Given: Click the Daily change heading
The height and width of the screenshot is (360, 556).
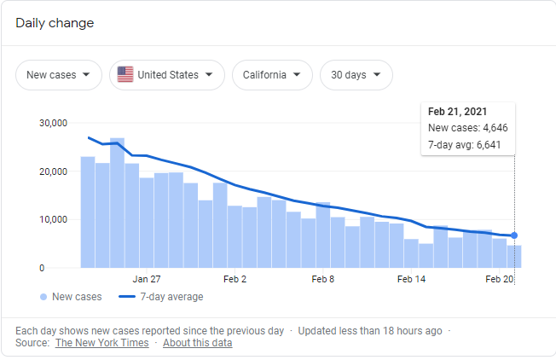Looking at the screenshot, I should click(x=55, y=23).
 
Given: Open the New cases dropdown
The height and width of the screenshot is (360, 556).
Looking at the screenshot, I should click(x=58, y=75).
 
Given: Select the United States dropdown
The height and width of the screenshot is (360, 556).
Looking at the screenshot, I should click(x=167, y=75).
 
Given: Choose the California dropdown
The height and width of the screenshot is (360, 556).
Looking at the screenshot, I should click(x=271, y=75).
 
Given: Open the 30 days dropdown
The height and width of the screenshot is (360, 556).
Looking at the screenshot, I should click(x=356, y=75).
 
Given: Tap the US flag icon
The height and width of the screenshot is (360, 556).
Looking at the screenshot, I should click(x=125, y=75).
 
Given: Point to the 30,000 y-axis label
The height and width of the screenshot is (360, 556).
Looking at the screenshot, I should click(x=53, y=123).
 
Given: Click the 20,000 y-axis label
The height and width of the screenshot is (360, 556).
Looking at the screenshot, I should click(x=53, y=171).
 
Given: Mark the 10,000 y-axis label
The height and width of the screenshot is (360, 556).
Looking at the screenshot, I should click(x=53, y=219).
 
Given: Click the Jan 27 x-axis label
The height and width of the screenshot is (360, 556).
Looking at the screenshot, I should click(x=147, y=279).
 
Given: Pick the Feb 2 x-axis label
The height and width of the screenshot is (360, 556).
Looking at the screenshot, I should click(x=234, y=279).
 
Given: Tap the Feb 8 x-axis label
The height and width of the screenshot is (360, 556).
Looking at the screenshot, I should click(x=322, y=279).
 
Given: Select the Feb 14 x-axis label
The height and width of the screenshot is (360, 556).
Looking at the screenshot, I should click(x=411, y=279).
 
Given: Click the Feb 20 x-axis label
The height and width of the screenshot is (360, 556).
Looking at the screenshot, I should click(x=499, y=279).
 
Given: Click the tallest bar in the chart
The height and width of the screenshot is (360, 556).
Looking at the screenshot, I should click(x=117, y=205).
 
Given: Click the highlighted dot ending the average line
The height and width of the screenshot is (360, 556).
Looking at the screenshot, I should click(x=514, y=235).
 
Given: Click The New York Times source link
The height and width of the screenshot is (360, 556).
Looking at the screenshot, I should click(x=101, y=343).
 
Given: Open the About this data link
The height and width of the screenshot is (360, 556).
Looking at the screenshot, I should click(x=197, y=343).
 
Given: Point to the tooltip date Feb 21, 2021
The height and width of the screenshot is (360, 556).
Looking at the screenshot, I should click(x=459, y=111).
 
